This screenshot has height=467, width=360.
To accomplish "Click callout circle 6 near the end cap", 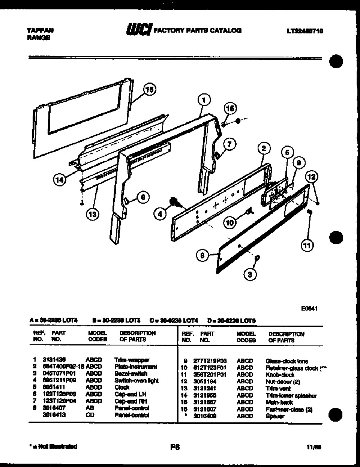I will tap(143, 197).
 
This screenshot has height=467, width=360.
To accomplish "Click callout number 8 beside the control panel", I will tap(202, 256).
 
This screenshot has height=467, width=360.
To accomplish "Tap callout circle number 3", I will tap(251, 274).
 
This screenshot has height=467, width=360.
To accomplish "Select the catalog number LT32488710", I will tap(305, 31).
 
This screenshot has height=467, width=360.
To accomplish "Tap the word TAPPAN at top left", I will tap(40, 31).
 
